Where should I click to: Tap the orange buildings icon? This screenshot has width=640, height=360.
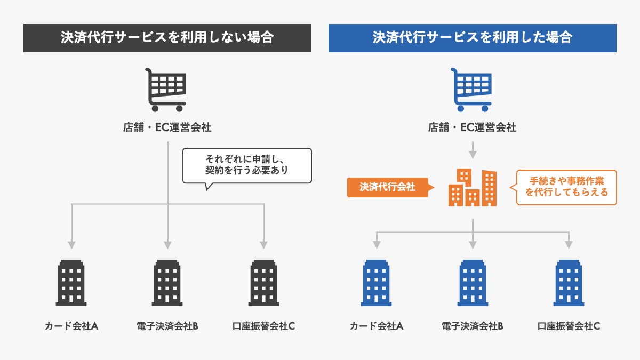tap(473, 188)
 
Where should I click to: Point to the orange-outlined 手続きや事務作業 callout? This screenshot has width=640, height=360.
tap(566, 187)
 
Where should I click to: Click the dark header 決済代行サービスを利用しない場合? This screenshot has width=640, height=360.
tap(167, 38)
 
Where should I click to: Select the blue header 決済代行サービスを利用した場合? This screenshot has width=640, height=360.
tap(473, 38)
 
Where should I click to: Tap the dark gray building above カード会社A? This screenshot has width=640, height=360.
tap(71, 283)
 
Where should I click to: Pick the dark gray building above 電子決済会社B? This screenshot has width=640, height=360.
tap(168, 283)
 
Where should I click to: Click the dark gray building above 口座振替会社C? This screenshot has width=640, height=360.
tap(264, 283)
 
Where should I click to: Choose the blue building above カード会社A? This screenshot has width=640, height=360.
tap(377, 283)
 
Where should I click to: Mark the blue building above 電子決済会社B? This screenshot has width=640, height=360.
tap(473, 283)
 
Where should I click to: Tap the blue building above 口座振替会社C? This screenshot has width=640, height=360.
tap(569, 283)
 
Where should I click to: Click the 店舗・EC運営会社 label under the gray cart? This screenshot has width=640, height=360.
tap(167, 128)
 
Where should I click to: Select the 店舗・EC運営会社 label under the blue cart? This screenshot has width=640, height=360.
tap(473, 128)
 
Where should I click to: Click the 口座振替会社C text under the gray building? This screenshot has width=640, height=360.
tap(264, 326)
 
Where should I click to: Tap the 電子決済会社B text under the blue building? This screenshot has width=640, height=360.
tap(473, 326)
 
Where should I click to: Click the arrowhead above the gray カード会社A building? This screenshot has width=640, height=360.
tap(71, 245)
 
